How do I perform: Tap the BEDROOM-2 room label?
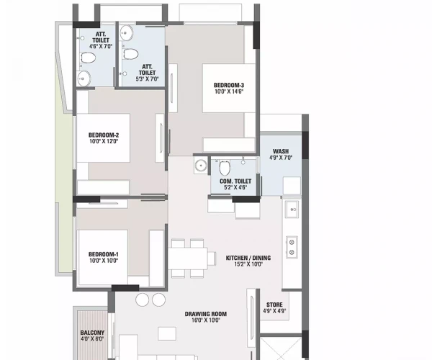click(104, 135)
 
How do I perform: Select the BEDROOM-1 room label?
click(103, 253)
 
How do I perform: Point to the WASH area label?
click(281, 151)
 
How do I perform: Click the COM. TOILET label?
click(230, 181)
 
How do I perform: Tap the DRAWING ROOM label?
click(205, 313)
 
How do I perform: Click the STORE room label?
click(274, 305)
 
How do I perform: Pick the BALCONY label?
click(93, 333)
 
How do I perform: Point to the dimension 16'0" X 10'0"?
click(205, 320)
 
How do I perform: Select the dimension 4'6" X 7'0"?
click(102, 46)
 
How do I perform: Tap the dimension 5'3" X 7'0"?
click(146, 78)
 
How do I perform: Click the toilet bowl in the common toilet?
click(224, 168)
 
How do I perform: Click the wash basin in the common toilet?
click(199, 166)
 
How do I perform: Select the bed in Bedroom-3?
click(229, 88)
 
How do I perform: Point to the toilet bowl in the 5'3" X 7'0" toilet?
click(131, 54)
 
